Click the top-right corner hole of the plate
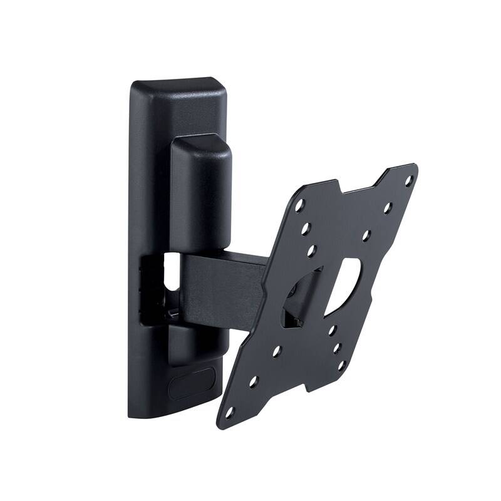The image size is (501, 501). [x=408, y=180]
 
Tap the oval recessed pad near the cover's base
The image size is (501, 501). [x=192, y=383]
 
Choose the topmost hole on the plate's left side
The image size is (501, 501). [x=300, y=204]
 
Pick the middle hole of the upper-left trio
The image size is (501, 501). [x=306, y=230]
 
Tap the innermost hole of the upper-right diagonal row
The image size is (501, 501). [x=367, y=235]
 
